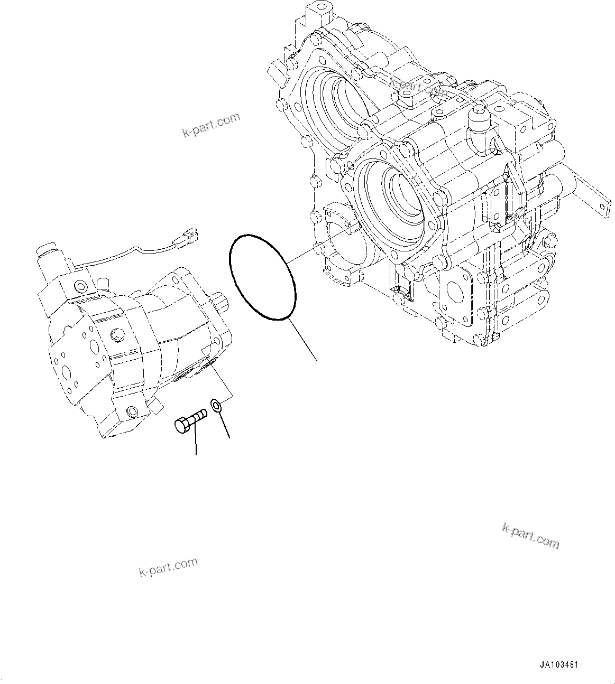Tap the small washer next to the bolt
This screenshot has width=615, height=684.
[216, 406]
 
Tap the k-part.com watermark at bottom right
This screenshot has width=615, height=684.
[530, 536]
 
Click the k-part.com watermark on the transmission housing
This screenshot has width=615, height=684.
[418, 86]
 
